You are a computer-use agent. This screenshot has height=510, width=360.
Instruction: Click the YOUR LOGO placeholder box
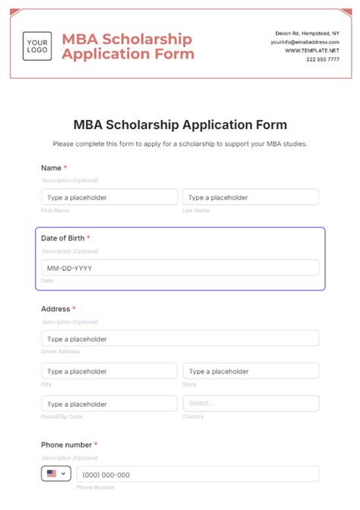(37, 46)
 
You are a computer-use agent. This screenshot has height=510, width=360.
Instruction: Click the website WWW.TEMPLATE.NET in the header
(312, 50)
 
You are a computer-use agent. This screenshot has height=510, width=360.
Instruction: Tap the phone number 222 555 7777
(323, 59)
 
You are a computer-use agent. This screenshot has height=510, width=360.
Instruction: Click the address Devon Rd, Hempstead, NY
(307, 33)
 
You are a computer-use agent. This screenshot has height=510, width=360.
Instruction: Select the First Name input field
(109, 197)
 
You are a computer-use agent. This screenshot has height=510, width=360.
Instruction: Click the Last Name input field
(251, 197)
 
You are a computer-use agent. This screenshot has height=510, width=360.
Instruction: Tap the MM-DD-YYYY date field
(180, 267)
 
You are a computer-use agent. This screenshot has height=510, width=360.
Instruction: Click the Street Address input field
(180, 338)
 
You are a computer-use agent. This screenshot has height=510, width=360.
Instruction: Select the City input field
(109, 371)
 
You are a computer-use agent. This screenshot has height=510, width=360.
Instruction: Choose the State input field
(251, 371)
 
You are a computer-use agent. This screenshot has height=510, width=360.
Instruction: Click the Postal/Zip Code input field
(109, 404)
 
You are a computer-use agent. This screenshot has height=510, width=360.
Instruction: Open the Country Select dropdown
(251, 404)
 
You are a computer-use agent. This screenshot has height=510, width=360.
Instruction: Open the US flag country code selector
(55, 474)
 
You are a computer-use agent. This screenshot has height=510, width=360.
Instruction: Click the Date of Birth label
(62, 238)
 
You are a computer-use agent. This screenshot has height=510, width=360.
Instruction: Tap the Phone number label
(66, 445)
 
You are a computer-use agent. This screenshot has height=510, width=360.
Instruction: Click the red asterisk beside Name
(65, 168)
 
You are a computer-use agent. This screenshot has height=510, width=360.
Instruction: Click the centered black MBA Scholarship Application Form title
(180, 124)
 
